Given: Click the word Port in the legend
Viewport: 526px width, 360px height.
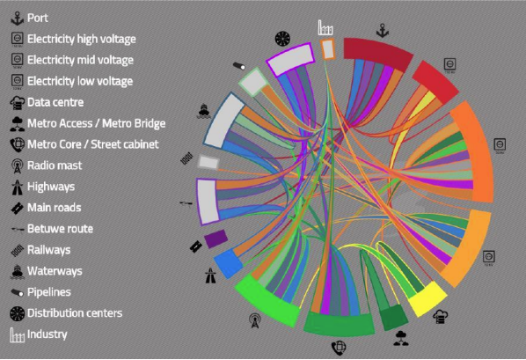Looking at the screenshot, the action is (x=38, y=18).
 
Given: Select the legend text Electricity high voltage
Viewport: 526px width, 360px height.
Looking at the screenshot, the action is (x=82, y=39).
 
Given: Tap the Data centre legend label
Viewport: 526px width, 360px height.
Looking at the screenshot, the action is (x=55, y=102).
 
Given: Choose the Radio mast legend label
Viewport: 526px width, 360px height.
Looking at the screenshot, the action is (x=55, y=165).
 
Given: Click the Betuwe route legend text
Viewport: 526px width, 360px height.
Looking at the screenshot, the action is (x=60, y=229).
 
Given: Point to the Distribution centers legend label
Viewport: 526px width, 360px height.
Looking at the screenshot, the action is (x=75, y=313).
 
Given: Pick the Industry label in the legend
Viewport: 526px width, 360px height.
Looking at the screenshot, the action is (x=47, y=334).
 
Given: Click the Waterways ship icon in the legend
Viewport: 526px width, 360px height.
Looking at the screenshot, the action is (x=17, y=272).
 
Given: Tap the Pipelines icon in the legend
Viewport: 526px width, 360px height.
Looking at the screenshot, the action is (x=17, y=292).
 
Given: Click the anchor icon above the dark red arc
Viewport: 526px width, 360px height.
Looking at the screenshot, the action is (x=383, y=31).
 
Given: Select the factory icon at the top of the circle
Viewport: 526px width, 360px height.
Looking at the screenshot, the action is (x=325, y=27).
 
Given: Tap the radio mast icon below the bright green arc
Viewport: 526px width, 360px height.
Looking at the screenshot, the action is (x=254, y=320).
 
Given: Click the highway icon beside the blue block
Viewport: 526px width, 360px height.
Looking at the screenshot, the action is (x=211, y=276).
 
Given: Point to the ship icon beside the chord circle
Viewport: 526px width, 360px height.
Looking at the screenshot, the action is (x=203, y=111).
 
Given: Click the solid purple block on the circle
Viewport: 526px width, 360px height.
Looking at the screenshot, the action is (x=216, y=239).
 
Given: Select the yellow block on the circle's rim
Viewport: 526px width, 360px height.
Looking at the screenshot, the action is (x=427, y=299).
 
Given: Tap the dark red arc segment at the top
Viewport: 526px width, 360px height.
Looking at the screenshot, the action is (x=377, y=53).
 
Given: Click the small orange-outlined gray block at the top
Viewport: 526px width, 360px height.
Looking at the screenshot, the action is (x=328, y=49).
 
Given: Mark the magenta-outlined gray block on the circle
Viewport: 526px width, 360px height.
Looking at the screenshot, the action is (x=291, y=59).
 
